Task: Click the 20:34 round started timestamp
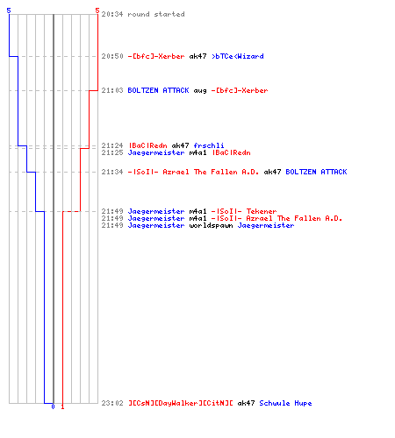(x=112, y=14)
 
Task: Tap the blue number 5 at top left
(x=9, y=11)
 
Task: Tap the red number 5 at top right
(x=97, y=11)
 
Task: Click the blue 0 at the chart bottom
(x=53, y=406)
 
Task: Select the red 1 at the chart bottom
(x=62, y=406)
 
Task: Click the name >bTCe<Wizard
(x=238, y=56)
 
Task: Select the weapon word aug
(x=200, y=91)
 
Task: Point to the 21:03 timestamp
(x=112, y=90)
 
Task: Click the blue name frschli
(x=209, y=145)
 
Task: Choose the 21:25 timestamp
(x=112, y=152)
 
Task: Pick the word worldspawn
(x=211, y=225)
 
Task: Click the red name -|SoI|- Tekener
(x=244, y=211)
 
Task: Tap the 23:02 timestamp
(x=112, y=403)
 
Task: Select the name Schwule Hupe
(x=285, y=403)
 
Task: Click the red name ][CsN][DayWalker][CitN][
(x=181, y=403)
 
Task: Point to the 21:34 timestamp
(x=112, y=172)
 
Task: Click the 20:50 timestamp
(x=112, y=56)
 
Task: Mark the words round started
(x=156, y=14)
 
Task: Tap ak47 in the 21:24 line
(x=180, y=145)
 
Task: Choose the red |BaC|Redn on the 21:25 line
(x=231, y=152)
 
